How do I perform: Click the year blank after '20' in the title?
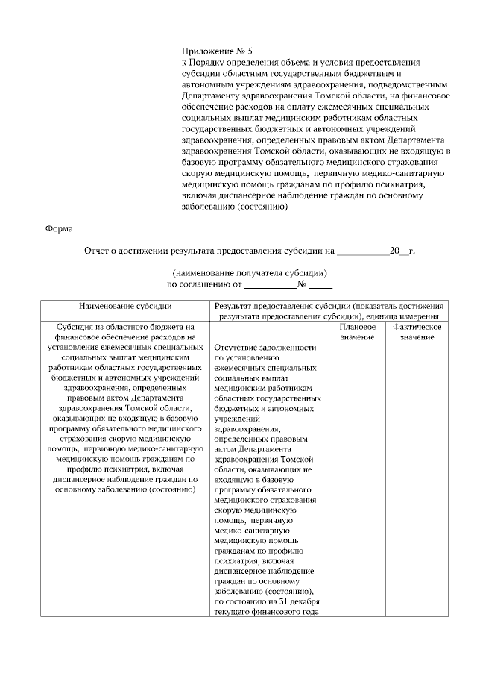[405, 252]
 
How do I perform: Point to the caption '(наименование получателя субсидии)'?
[250, 273]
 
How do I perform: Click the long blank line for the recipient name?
[250, 265]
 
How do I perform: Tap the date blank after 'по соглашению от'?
[270, 285]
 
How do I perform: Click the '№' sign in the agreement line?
[302, 284]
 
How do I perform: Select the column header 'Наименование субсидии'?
[125, 306]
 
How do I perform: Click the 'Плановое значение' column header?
[357, 332]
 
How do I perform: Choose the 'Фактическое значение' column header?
[417, 332]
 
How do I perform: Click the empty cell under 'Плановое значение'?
[357, 478]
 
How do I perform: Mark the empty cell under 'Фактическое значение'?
[417, 478]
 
